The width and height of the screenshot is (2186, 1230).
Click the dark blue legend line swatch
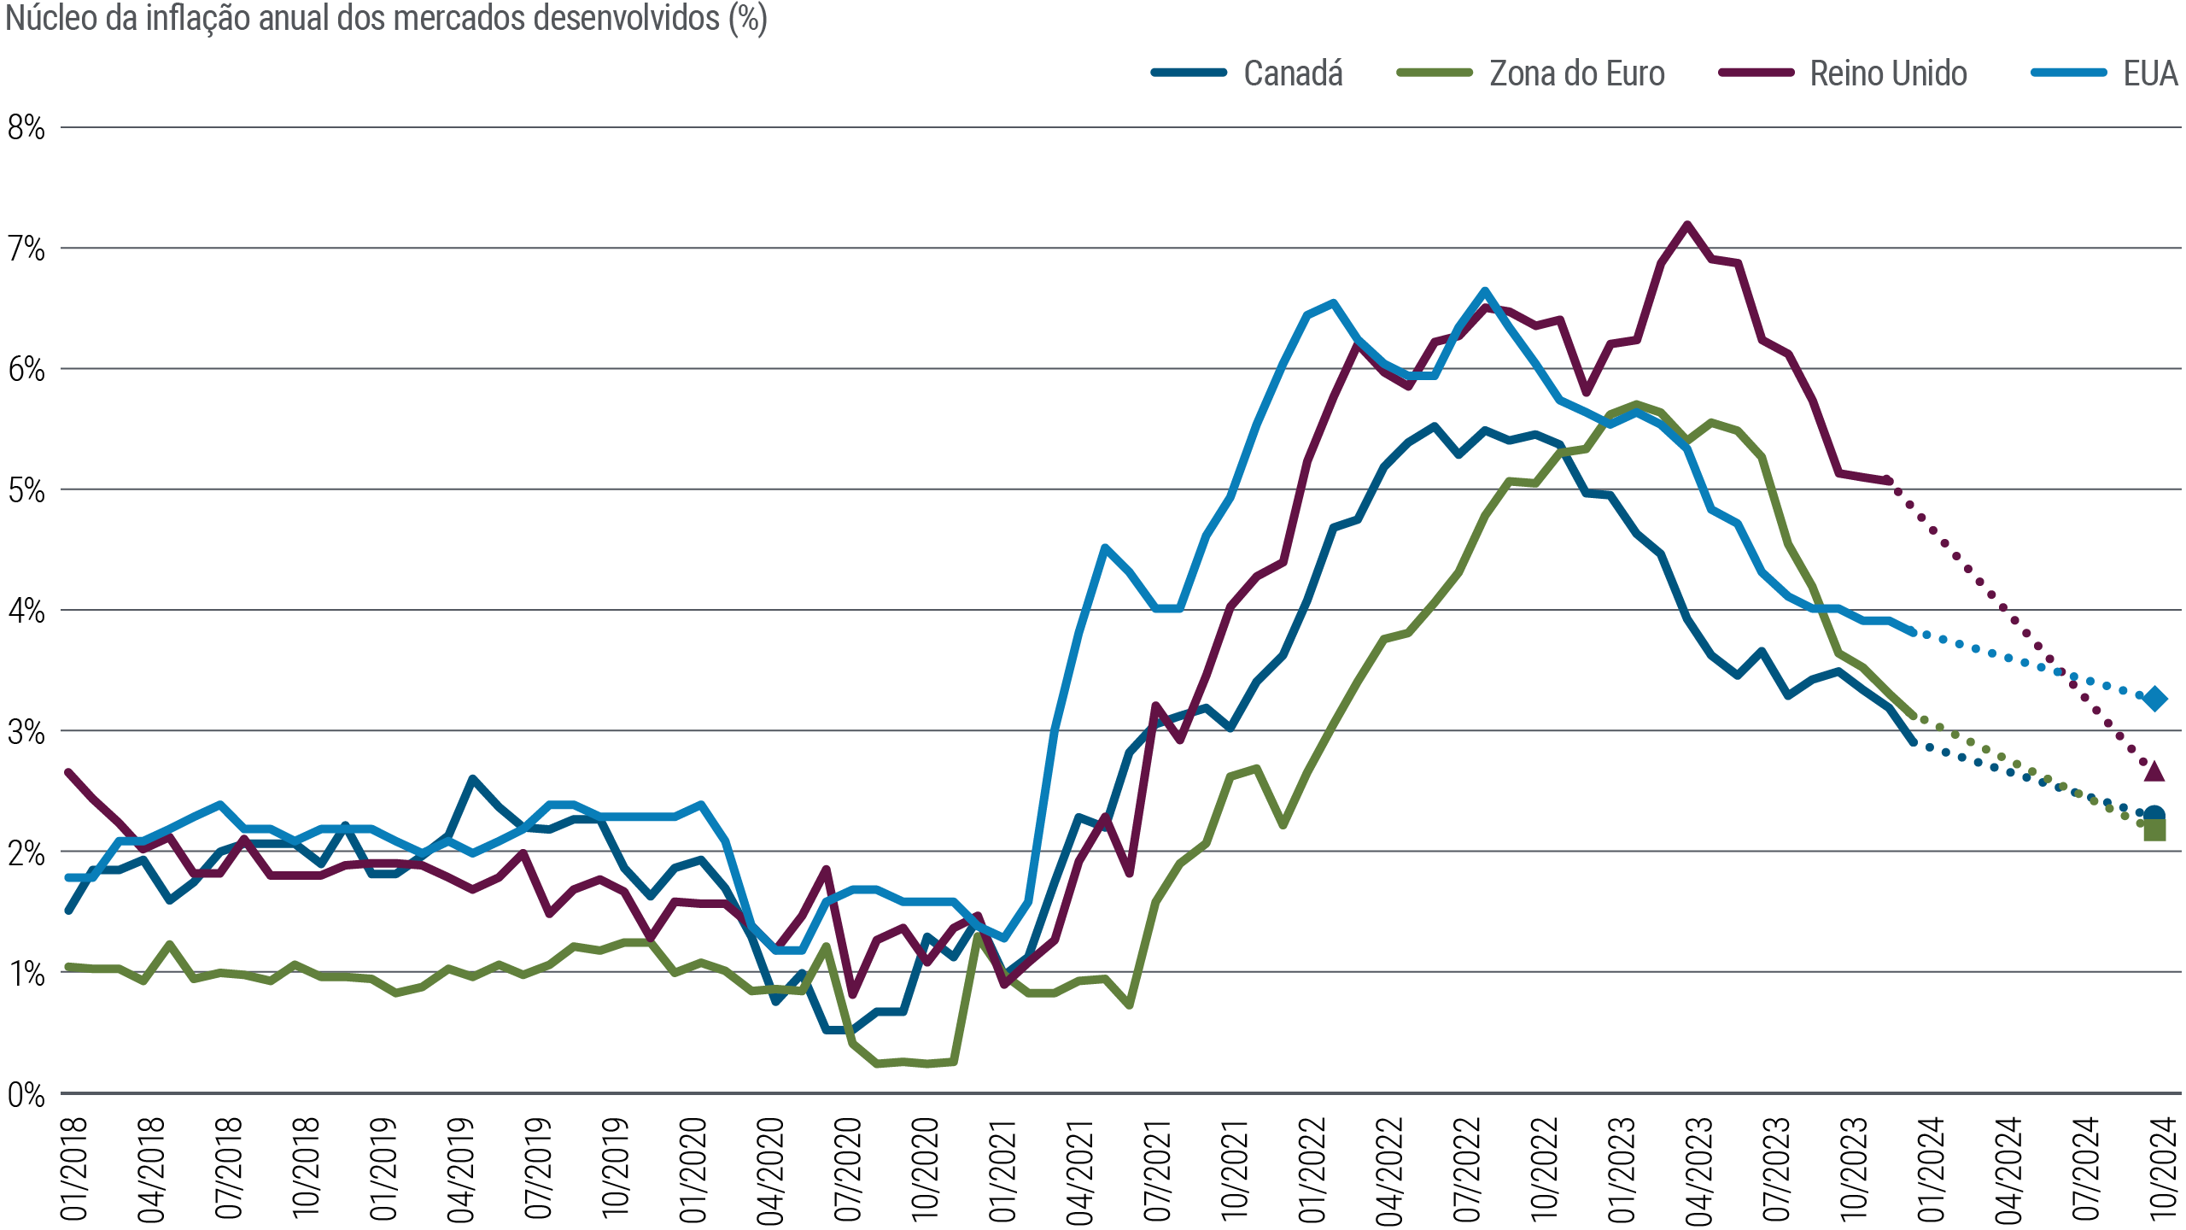click(x=1197, y=73)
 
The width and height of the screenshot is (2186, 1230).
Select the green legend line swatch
click(x=1447, y=73)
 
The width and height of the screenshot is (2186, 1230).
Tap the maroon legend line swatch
click(x=1765, y=73)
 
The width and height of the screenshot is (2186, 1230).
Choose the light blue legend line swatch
click(x=2078, y=73)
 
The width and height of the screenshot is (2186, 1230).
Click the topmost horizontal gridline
click(x=1110, y=127)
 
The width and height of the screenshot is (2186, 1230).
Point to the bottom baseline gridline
click(x=1110, y=1092)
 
